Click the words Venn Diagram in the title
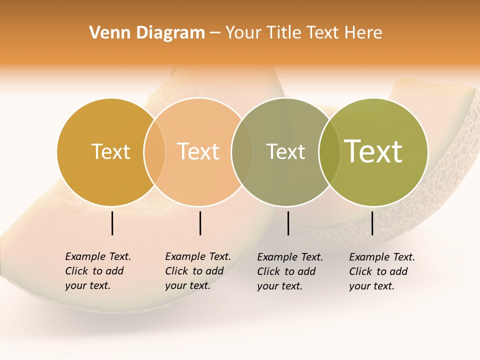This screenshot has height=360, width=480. coord(147,33)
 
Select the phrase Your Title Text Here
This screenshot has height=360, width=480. coord(303,33)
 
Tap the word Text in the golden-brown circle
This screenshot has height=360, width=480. coord(110,151)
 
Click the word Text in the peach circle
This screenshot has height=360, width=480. coord(198,151)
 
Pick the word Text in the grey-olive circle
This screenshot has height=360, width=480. coord(285,151)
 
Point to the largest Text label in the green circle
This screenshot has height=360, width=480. coord(373,151)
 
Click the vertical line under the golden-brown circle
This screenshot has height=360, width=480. coord(112,223)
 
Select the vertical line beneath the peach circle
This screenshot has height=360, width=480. coord(200,223)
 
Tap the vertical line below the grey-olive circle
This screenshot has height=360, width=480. coord(288,223)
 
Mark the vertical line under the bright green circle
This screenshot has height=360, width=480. coord(372,223)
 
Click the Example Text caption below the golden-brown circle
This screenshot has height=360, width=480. coord(97,271)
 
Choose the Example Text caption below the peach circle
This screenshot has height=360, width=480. coord(197,271)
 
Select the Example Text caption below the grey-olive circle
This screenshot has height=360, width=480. coord(289,271)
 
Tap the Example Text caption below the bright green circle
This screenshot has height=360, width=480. coord(381,271)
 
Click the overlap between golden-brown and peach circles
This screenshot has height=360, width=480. coord(154,151)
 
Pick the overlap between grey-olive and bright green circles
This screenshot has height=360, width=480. coord(328,151)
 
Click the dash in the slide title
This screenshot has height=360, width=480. coord(215,33)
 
